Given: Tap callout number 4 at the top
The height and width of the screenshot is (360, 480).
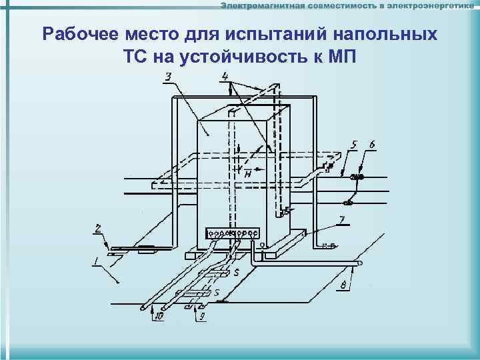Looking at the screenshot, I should coord(226,77).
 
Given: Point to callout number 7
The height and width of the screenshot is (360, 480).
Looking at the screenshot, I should coord(342,219).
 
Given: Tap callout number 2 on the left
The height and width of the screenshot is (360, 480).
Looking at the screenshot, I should coord(98,228).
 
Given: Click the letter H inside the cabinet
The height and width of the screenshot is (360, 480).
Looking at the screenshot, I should coord(247,173).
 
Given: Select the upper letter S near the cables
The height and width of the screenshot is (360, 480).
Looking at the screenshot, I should coord(237,273).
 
